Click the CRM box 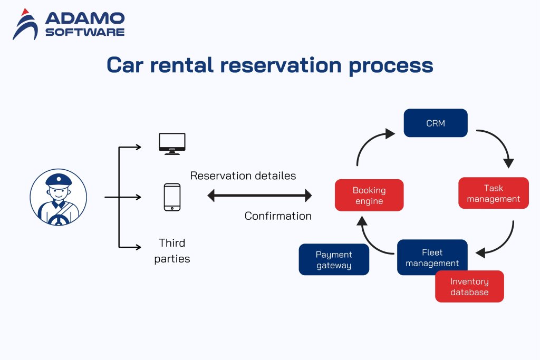point(436,123)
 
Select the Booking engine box point(369,195)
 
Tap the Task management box point(494,193)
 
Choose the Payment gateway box point(334,259)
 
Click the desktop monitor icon point(172,143)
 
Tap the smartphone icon point(172,197)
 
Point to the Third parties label point(172,251)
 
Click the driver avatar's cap point(59,180)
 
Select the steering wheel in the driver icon point(58,217)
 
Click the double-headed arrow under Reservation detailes point(260,196)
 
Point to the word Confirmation point(278,216)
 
